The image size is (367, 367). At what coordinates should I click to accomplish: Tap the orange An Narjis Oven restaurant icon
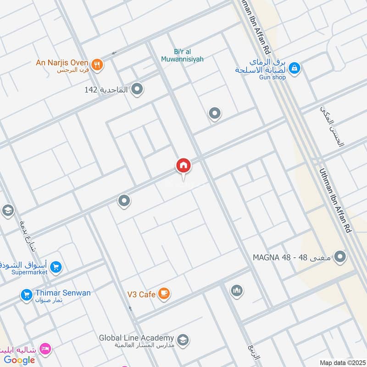97,65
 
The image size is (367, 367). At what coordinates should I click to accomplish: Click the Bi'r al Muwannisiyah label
182,55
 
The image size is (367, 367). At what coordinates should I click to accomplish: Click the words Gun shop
272,77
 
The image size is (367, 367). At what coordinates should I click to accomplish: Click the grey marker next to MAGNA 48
340,257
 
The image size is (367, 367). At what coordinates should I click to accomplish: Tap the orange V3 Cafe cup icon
164,294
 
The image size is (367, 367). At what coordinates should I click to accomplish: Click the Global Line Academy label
137,338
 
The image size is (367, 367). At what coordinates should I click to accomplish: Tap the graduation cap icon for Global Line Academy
183,340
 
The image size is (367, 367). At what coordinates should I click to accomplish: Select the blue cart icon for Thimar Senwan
26,295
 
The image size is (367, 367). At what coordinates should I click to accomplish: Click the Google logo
20,360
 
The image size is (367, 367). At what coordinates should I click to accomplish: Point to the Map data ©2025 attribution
342,362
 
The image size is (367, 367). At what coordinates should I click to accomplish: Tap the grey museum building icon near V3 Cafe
237,291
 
